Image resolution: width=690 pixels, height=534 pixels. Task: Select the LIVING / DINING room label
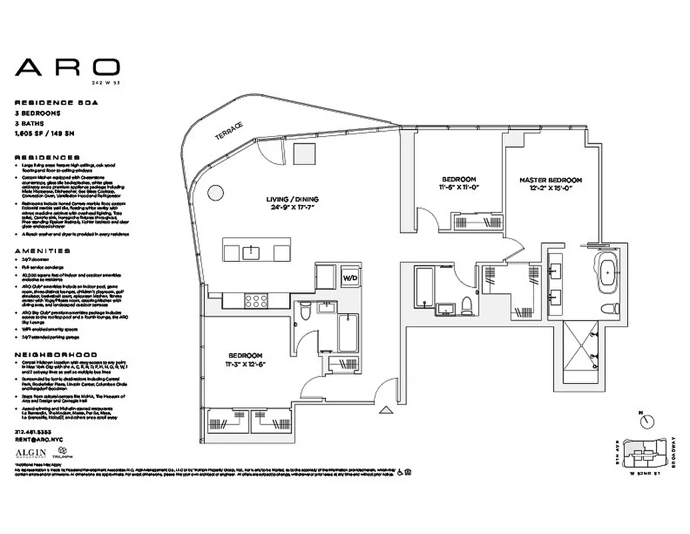293,200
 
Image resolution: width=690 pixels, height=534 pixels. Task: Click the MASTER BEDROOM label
551,180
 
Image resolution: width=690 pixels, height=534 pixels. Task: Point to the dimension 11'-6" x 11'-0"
459,189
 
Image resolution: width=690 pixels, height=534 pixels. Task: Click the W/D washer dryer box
350,278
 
